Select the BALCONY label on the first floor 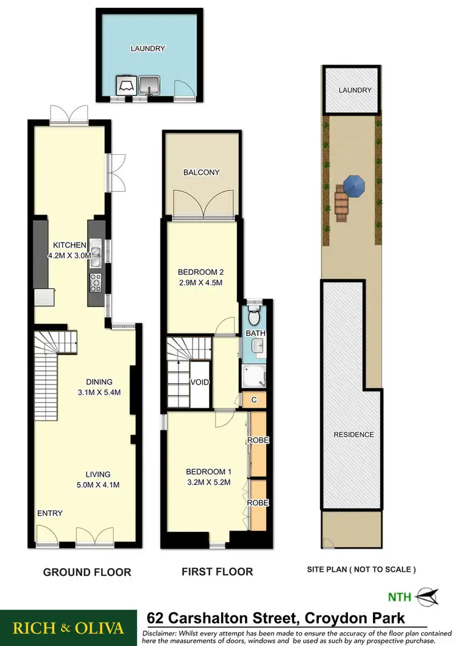pos(201,172)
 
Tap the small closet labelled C pos(254,399)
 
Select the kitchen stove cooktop pos(96,282)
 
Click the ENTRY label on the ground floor pos(50,513)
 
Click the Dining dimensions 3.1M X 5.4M pos(99,392)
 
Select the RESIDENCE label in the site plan pos(353,435)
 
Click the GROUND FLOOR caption pos(87,572)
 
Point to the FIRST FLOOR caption pos(217,572)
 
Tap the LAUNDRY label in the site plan pos(355,90)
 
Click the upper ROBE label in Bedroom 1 pos(257,440)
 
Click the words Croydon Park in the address pos(350,619)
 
